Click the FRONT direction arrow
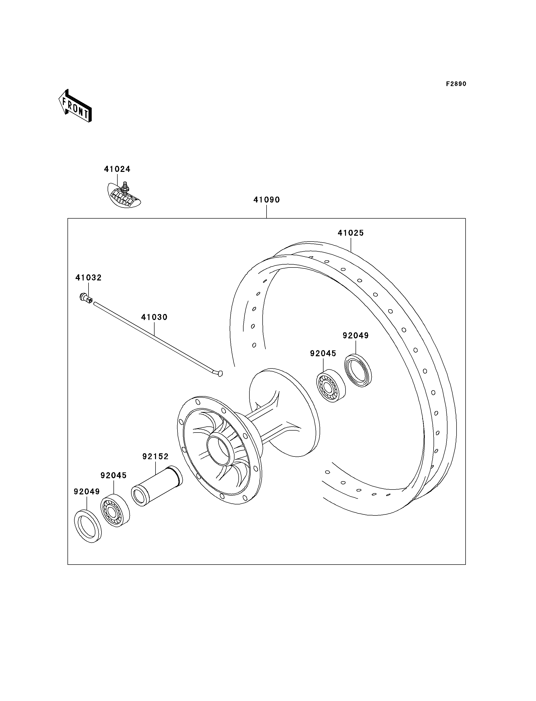pos(75,106)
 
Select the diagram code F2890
pos(456,84)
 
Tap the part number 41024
pos(117,169)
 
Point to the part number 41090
pos(266,200)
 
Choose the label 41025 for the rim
pos(351,233)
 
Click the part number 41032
pos(88,278)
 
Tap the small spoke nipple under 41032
pos(86,299)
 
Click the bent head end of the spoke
pos(219,373)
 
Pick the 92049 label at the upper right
pos(356,336)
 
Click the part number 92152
pos(155,456)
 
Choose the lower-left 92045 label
pos(113,484)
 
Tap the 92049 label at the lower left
pos(87,501)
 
